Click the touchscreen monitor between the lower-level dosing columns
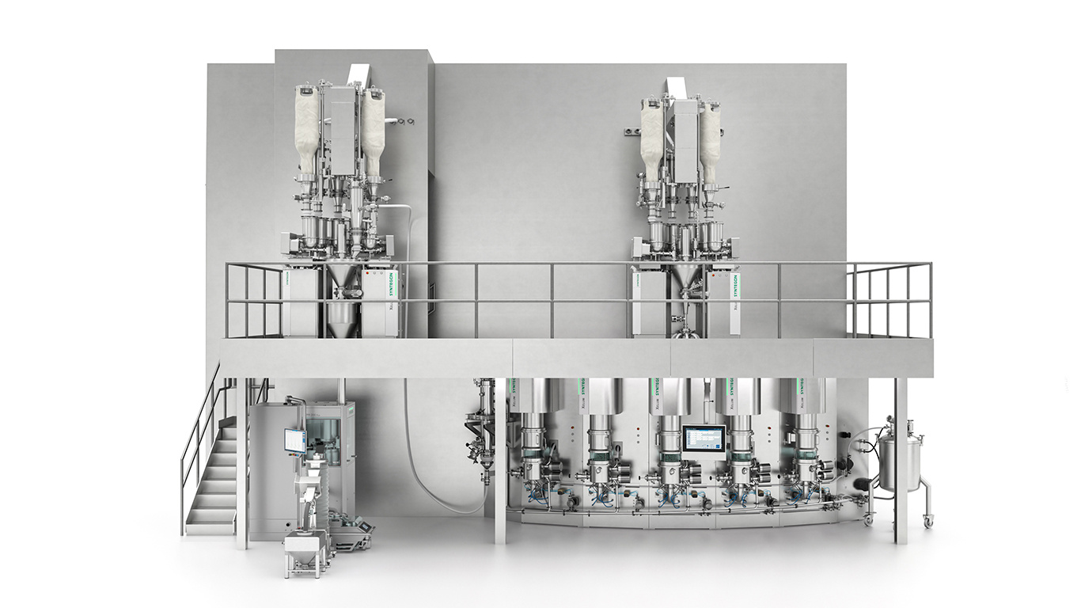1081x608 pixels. (x=704, y=439)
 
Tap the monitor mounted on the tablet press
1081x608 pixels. (x=294, y=440)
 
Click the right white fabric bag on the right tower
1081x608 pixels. (x=710, y=140)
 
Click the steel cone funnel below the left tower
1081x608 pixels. (x=342, y=278)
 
